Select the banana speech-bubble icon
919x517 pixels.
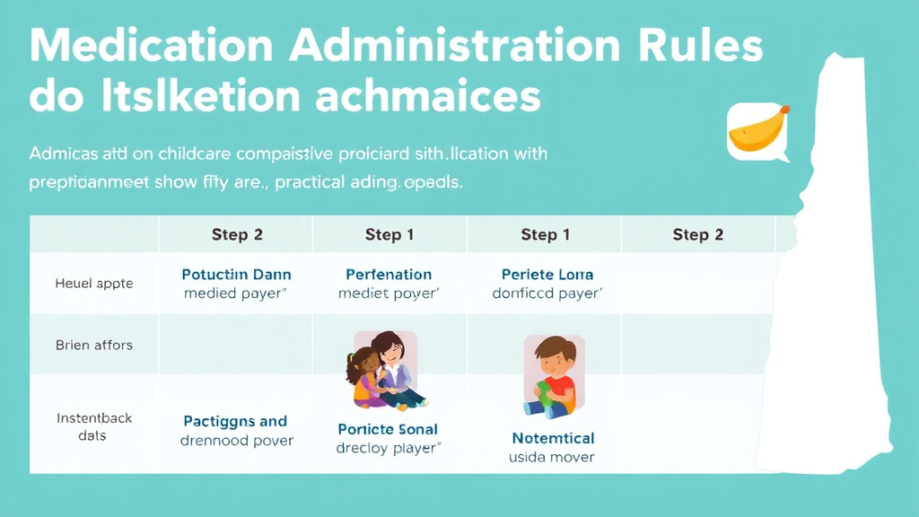coord(757,132)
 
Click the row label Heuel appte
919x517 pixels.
coord(94,283)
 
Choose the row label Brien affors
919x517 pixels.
coord(94,345)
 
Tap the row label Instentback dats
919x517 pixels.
coord(94,426)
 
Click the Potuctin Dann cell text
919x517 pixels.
coord(236,275)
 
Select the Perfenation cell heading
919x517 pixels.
coord(389,275)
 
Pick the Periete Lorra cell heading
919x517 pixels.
coord(547,275)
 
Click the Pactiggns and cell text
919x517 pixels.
coord(235,421)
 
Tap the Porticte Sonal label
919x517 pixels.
coord(389,429)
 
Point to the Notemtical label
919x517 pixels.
coord(553,438)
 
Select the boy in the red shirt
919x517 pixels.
coord(552,377)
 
